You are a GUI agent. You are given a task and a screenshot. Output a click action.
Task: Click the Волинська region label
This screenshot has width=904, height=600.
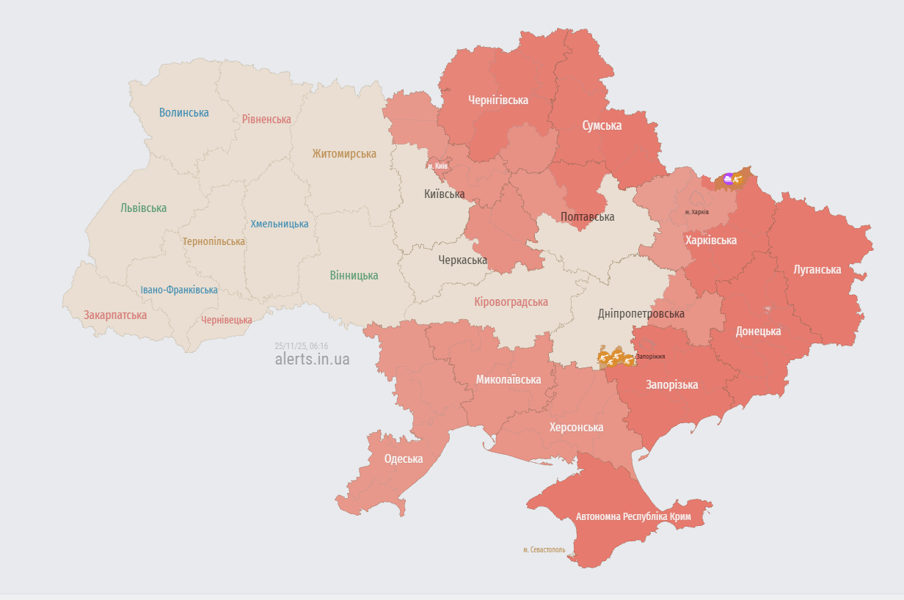coord(183,113)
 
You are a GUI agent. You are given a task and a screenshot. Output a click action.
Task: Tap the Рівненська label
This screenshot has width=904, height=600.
coord(266,119)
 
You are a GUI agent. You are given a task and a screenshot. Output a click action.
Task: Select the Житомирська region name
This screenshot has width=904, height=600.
coord(343,154)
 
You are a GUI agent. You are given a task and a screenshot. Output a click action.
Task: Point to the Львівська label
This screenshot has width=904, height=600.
coord(143,208)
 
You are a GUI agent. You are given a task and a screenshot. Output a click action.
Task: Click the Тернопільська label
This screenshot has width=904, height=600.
coord(214,241)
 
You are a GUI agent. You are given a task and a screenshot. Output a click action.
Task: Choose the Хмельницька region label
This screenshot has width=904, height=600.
coord(279,224)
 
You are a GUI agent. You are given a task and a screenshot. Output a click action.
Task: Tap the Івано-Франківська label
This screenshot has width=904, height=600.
coord(179,290)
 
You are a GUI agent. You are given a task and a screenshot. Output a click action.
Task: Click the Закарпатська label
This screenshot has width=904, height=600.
coord(114,315)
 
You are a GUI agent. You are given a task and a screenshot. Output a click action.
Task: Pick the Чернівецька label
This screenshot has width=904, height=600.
coord(226,320)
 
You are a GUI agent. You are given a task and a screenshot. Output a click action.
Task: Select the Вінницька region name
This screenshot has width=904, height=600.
coord(354,276)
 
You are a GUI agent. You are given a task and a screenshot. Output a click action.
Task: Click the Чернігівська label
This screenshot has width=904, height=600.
coord(498,100)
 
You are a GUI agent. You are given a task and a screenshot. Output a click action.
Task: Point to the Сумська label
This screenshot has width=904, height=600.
coord(602,125)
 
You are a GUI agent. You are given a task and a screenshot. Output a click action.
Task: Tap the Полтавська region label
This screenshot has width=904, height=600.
coord(587,217)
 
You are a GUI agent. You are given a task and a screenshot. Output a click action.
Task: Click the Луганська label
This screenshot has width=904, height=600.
coord(817,270)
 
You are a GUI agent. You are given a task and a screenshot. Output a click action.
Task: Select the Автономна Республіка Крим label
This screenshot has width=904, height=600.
coord(633,516)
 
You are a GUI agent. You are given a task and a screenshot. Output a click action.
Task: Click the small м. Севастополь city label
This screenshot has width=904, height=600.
coord(544,549)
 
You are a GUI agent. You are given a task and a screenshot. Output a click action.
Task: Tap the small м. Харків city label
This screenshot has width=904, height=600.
coord(696,212)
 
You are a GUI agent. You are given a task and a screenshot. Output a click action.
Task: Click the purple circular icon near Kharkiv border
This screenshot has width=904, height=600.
coord(727,178)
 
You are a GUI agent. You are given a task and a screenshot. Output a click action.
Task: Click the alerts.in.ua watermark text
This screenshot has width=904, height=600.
coord(312,359)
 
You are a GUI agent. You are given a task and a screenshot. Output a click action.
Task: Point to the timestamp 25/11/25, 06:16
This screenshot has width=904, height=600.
coord(301,345)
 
